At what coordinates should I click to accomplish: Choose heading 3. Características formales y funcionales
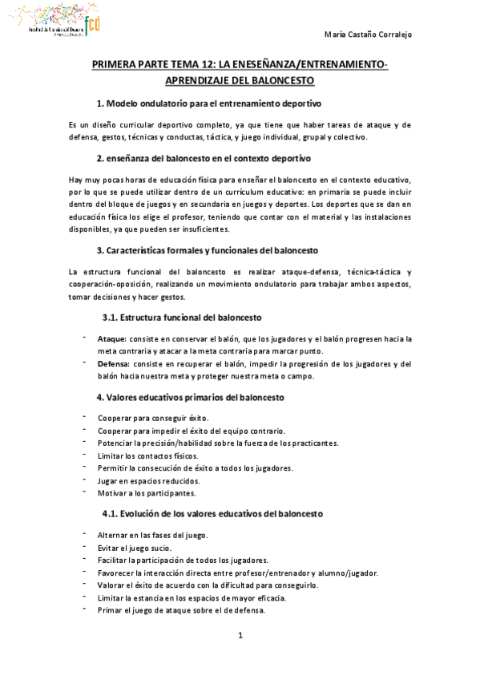pos(208,249)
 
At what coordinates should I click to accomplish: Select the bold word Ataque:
pos(111,338)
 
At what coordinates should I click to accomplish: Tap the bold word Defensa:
pos(115,363)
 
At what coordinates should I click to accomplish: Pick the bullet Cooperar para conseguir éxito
pos(153,418)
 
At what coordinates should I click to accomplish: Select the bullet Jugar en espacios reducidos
pos(149,480)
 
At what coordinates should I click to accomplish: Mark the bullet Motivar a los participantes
pos(146,493)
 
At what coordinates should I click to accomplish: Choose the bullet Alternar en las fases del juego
pos(152,535)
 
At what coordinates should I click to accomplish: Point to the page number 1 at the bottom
pos(240,636)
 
